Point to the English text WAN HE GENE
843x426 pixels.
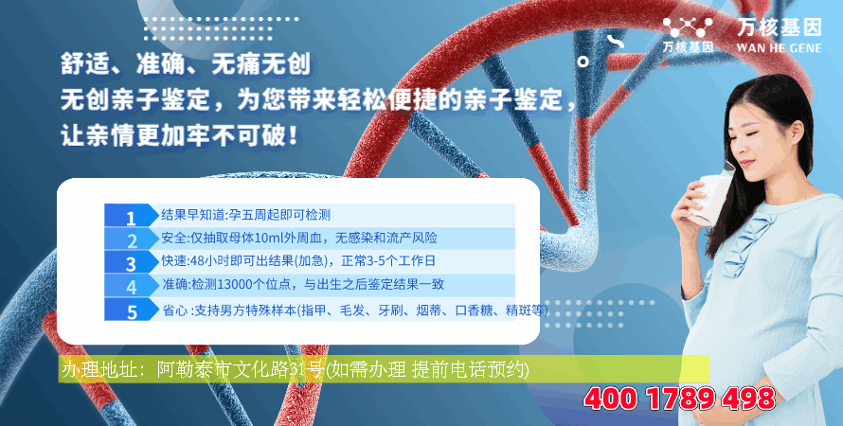pyautogui.click(x=779, y=48)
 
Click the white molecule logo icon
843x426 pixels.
pyautogui.click(x=688, y=27)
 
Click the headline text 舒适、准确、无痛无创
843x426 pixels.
pyautogui.click(x=186, y=64)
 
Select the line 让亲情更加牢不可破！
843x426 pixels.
pyautogui.click(x=180, y=135)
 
